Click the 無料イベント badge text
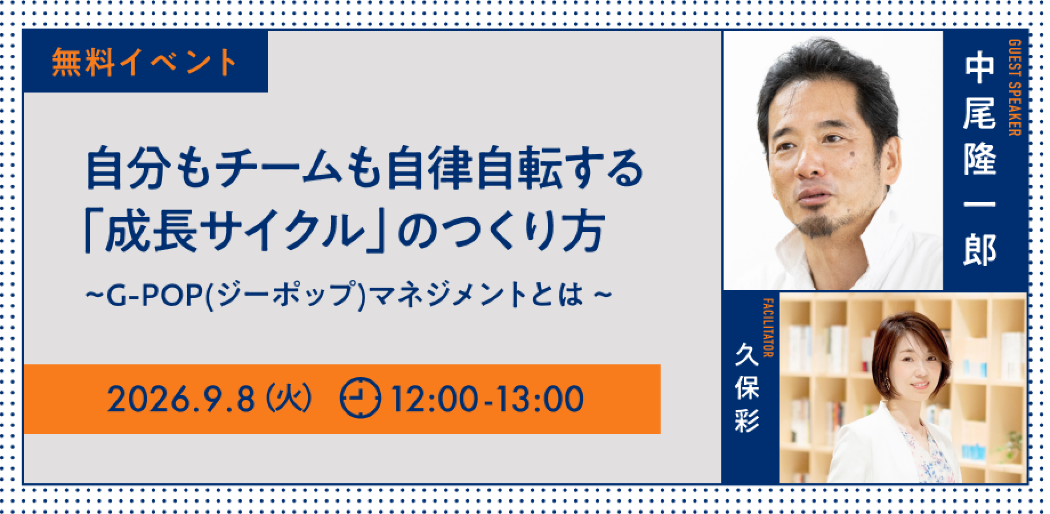click(x=144, y=63)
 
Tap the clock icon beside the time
click(x=360, y=398)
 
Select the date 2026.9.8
click(x=180, y=399)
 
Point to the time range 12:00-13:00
click(x=485, y=399)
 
